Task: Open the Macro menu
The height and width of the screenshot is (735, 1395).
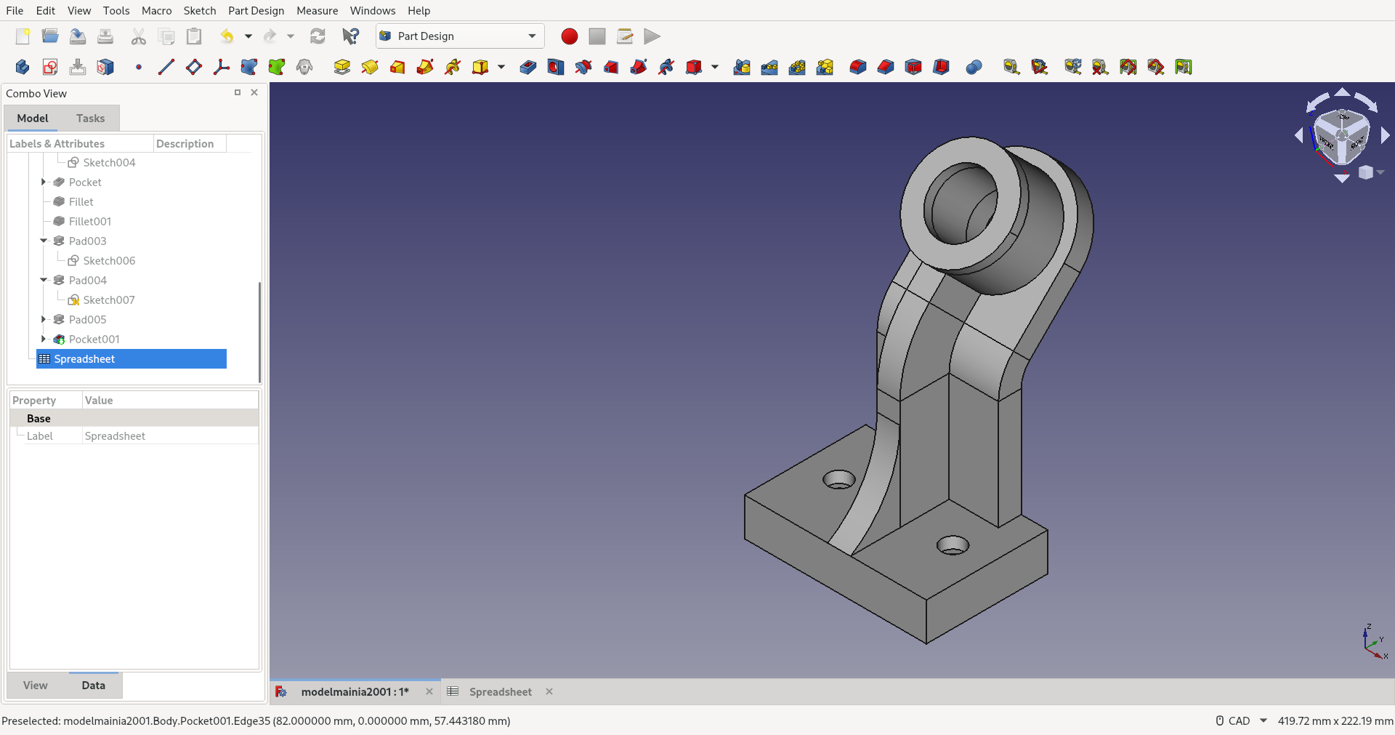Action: pos(156,10)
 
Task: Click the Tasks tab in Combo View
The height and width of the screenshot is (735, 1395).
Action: pos(90,118)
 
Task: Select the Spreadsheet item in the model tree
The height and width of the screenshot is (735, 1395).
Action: pos(84,358)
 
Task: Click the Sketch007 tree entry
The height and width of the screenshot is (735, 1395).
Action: pos(108,300)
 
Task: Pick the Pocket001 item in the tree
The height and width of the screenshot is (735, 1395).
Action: pos(94,339)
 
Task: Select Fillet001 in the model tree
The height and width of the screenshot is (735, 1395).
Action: pos(89,221)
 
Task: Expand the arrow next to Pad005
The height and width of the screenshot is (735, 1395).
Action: pos(44,319)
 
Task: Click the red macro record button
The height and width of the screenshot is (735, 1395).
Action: pos(569,36)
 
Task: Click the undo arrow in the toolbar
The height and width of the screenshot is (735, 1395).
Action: pos(227,36)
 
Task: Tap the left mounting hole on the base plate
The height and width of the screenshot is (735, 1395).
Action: pos(839,480)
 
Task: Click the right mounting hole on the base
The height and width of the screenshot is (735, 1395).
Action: pos(953,545)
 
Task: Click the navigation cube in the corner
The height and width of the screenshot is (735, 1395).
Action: pos(1341,136)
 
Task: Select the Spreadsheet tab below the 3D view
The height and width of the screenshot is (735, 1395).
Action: pos(500,691)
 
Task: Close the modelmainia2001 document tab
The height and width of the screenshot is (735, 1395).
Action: pos(429,691)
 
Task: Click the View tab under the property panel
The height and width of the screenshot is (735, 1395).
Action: pos(35,685)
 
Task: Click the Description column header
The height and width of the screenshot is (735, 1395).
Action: pos(185,143)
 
